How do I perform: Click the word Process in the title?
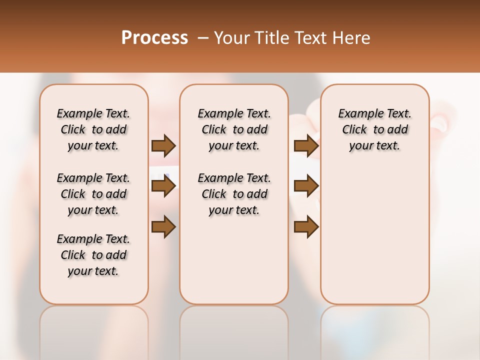154,37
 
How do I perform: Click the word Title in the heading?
270,37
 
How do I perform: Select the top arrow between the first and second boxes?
163,145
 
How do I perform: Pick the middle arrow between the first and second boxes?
163,186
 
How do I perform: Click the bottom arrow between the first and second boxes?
163,227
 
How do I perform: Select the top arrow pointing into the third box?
306,145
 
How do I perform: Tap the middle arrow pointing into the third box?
306,186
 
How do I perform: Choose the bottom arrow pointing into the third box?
306,227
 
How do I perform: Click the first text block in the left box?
93,129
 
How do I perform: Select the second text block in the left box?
93,194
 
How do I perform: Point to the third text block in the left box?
93,255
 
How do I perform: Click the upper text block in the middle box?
234,129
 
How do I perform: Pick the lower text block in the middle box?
234,194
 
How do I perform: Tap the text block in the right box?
374,129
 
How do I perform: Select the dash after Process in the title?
203,37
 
